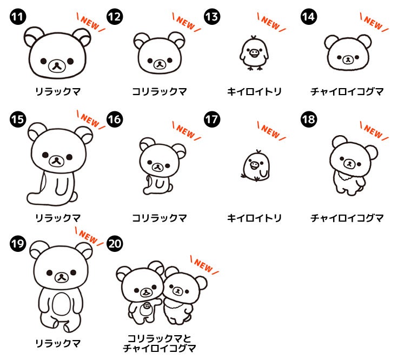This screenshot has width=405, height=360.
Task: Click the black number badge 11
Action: pos(18,17)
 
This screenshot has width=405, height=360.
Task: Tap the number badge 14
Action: pos(309,17)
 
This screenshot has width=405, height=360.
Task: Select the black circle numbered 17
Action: pos(212,119)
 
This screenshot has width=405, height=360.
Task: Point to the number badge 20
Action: pos(115,244)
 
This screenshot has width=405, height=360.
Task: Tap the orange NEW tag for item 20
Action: pos(204,265)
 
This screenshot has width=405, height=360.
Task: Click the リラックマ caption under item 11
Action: pos(58,91)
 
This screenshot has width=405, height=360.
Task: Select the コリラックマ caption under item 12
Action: pos(159,91)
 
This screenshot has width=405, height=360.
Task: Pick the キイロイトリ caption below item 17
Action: pos(254,218)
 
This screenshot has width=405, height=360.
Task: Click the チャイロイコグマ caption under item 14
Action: pos(347,91)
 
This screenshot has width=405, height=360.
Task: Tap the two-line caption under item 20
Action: pos(159,343)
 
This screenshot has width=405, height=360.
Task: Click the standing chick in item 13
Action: pos(254,53)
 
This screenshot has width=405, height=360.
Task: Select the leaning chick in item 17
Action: pos(256,166)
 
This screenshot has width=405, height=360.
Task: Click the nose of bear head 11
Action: pos(57,66)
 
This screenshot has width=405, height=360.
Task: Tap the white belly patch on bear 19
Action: pos(61,305)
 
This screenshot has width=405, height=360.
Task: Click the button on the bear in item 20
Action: pos(147,306)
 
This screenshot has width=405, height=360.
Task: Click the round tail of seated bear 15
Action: pos(75,197)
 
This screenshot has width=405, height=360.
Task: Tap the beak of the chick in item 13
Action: pos(255,53)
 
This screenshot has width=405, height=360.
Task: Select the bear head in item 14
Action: pos(348,53)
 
